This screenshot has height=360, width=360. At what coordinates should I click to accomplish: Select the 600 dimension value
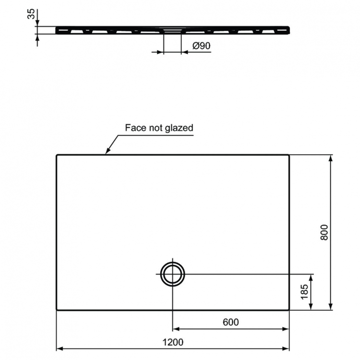pyautogui.click(x=230, y=323)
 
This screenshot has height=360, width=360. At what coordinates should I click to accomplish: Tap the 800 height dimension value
pyautogui.click(x=324, y=232)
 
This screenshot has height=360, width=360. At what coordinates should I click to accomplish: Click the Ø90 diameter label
pyautogui.click(x=202, y=46)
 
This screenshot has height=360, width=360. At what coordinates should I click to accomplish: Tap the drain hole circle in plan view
pyautogui.click(x=172, y=274)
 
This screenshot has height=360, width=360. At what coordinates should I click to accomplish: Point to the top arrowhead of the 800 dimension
pyautogui.click(x=331, y=158)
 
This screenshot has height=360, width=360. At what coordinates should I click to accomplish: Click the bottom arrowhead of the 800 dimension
pyautogui.click(x=331, y=307)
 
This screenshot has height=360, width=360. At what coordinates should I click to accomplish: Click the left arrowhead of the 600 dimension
pyautogui.click(x=175, y=329)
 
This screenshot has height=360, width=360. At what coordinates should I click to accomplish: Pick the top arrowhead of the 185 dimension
pyautogui.click(x=312, y=277)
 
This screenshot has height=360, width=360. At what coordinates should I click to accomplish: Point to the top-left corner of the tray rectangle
pyautogui.click(x=57, y=155)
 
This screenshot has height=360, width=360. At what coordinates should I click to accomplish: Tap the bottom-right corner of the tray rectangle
pyautogui.click(x=289, y=310)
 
